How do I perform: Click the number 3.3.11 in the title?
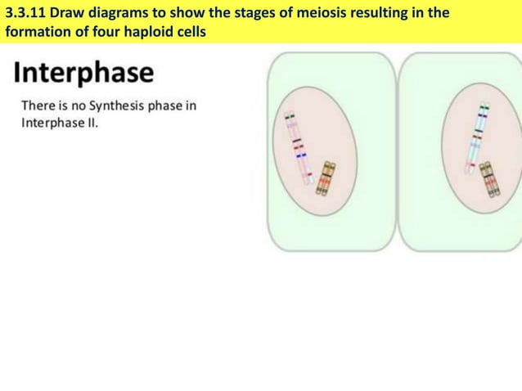click(x=30, y=13)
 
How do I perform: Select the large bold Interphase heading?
click(x=83, y=72)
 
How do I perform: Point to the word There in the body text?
click(x=38, y=106)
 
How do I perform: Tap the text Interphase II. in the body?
click(x=59, y=124)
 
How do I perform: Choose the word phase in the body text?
click(x=166, y=106)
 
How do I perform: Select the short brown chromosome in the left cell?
click(x=326, y=179)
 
